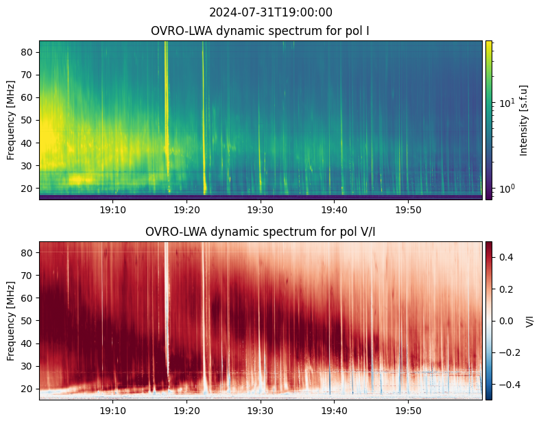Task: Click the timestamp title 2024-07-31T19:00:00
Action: pos(270,12)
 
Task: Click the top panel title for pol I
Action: pos(260,31)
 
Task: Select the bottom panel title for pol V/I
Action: pos(260,232)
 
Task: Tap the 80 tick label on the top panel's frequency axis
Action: pos(27,52)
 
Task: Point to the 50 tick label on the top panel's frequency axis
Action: pos(27,121)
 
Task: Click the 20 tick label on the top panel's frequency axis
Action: pos(27,189)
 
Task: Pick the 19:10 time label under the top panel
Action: pos(112,210)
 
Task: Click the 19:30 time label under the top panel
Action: pos(261,210)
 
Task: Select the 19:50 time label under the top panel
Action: pos(408,210)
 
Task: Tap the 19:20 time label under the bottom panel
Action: pos(187,411)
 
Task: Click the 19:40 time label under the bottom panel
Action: pos(335,411)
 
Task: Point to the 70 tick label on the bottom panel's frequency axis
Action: pos(27,276)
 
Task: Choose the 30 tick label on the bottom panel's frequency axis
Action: pos(27,366)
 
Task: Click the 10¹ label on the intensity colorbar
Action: pos(507,103)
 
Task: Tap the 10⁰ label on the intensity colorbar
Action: pos(507,189)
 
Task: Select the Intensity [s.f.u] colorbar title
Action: pos(523,121)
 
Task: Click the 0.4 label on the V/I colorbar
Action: pos(506,257)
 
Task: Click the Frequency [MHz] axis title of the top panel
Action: pos(11,121)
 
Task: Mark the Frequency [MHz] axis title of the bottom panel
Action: pos(11,322)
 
